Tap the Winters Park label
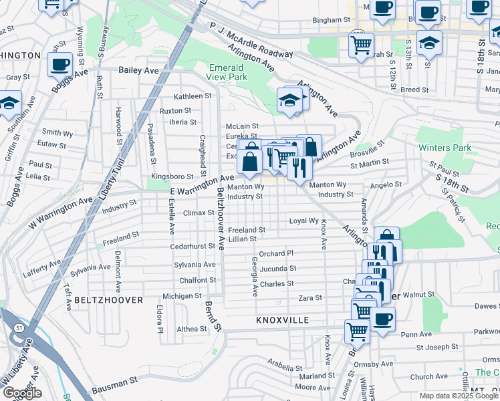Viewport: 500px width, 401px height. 445,148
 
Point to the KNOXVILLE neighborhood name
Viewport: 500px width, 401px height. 282,320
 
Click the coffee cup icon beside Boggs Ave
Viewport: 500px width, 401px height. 60,65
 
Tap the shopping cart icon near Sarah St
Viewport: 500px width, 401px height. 361,45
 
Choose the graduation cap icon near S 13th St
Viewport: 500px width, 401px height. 429,43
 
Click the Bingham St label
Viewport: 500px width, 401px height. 327,21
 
